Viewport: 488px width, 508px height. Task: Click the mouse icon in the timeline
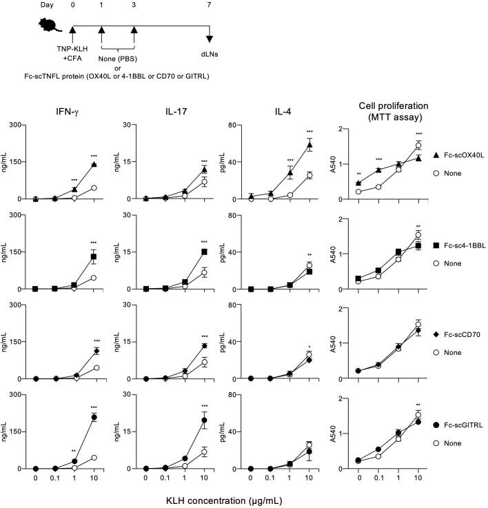point(52,26)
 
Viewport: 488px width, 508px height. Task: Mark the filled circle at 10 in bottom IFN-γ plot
point(94,418)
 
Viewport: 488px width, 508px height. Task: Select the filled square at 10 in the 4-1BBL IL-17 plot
point(204,252)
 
